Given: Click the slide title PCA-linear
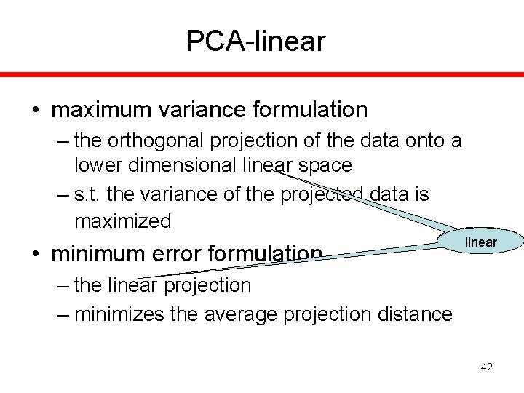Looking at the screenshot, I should [255, 41].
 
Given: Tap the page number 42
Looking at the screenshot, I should [486, 368].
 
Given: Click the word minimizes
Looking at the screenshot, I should [120, 314].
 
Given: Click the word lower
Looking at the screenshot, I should [99, 165].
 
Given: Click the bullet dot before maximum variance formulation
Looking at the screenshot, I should [36, 111].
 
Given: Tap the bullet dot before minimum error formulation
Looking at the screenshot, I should [36, 254].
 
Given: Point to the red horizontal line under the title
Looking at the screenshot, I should [262, 74].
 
